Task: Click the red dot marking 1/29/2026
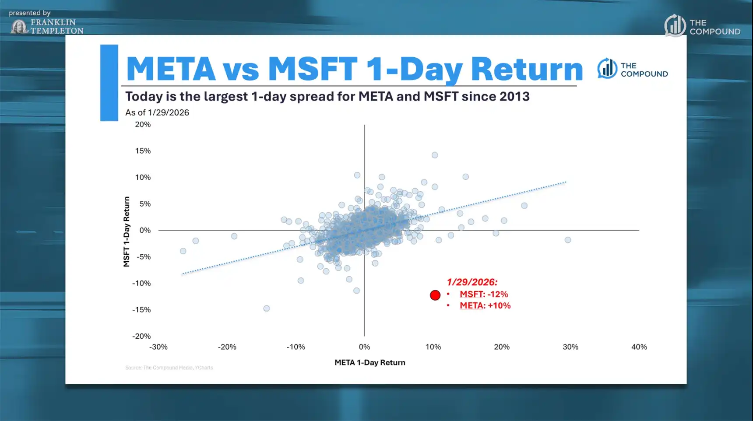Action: click(435, 295)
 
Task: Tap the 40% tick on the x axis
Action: click(639, 347)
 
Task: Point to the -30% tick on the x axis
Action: click(158, 347)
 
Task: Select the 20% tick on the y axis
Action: click(143, 124)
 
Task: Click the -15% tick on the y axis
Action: click(141, 310)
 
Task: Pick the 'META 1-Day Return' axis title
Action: click(369, 362)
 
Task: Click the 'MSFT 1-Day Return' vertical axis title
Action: click(127, 231)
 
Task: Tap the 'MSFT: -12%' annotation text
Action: click(483, 294)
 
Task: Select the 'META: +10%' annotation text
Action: click(485, 305)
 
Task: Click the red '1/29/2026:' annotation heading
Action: click(472, 282)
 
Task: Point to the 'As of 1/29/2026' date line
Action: click(157, 112)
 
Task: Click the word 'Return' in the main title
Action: click(526, 69)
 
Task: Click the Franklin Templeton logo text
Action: click(56, 26)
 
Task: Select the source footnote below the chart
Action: click(169, 368)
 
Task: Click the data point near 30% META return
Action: click(568, 240)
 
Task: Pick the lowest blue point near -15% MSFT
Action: click(266, 309)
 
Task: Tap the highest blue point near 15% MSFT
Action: click(435, 155)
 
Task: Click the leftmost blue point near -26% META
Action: click(183, 251)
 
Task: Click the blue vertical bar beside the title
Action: click(109, 82)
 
